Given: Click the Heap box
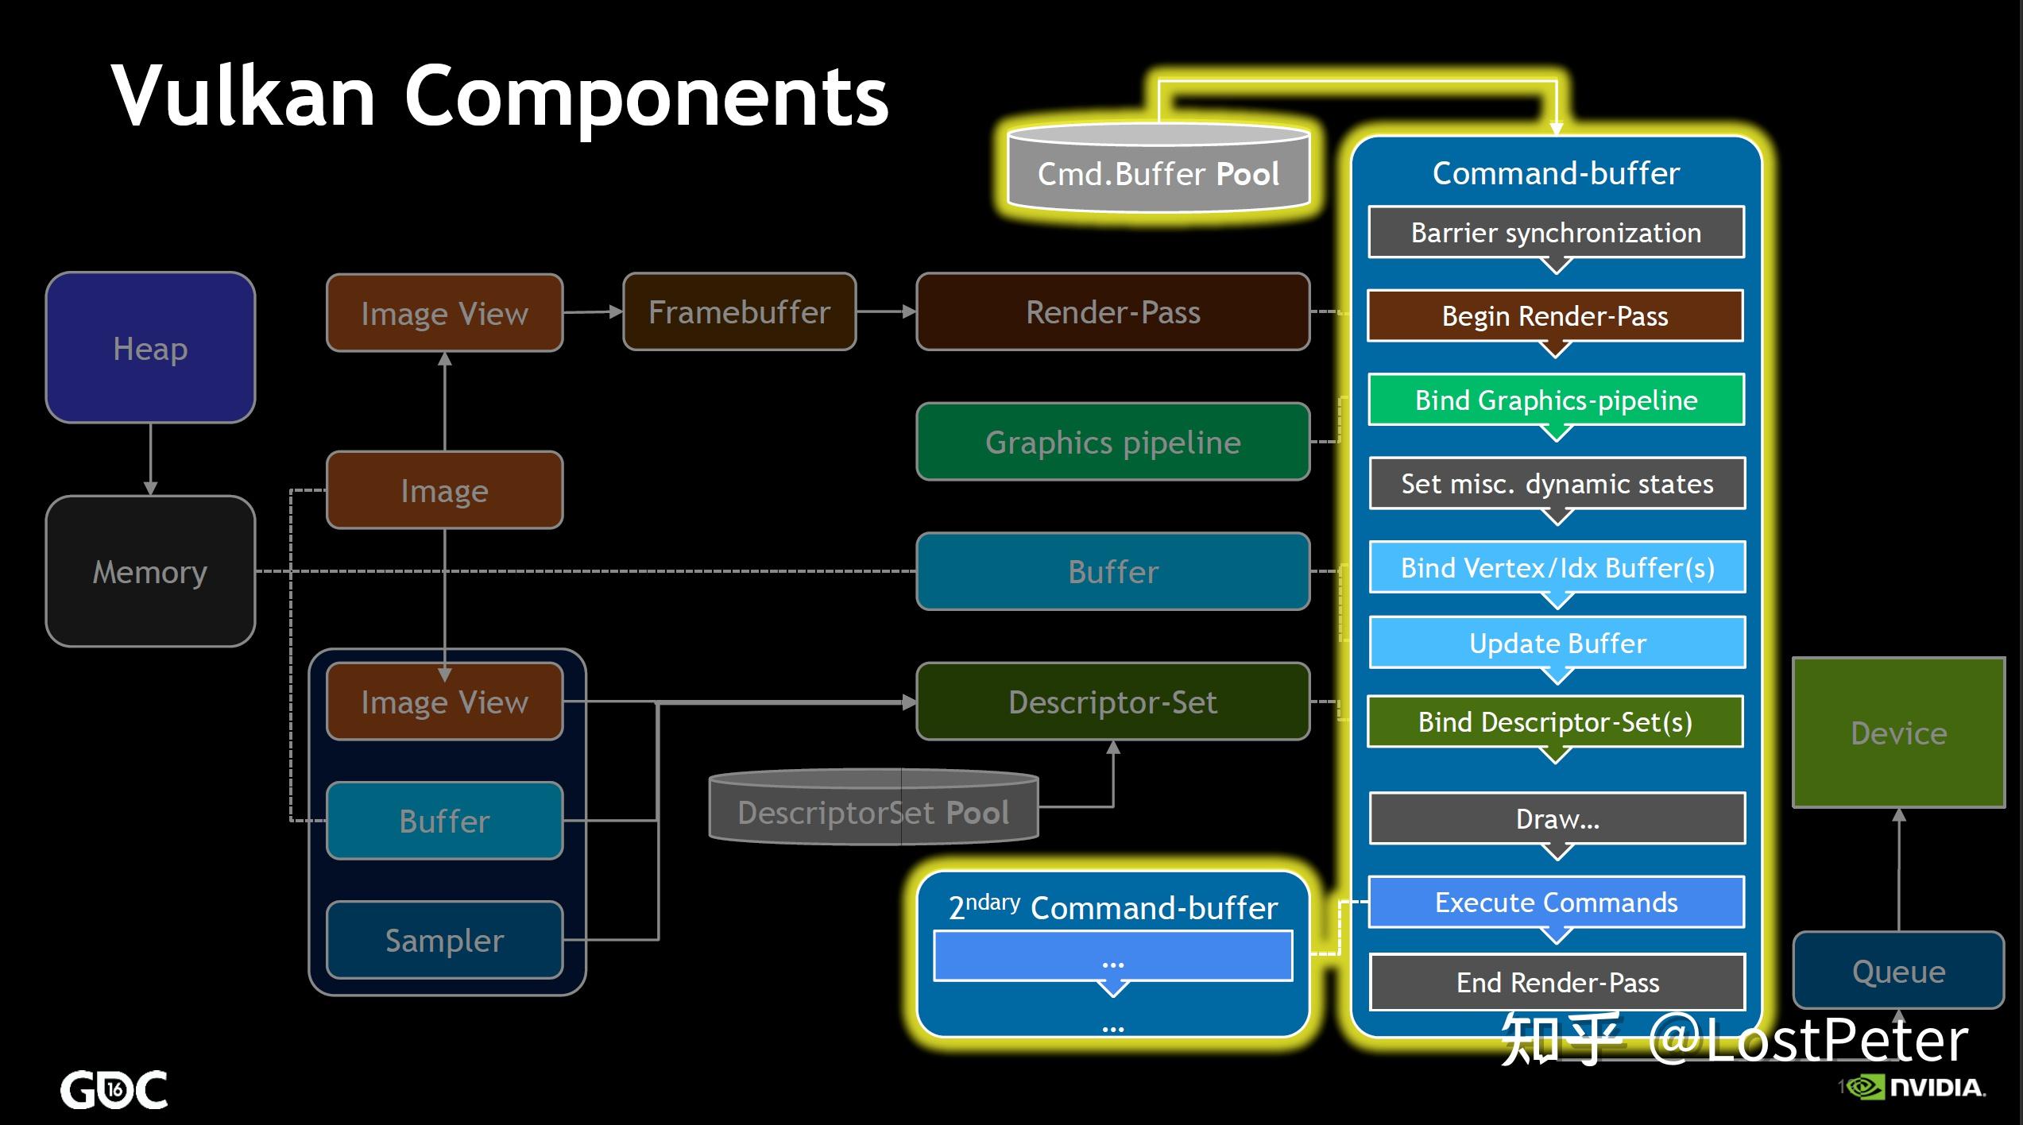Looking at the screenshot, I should click(150, 348).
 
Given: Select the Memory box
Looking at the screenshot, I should click(150, 571).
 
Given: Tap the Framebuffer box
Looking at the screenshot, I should click(739, 312).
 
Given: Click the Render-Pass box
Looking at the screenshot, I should click(1112, 312).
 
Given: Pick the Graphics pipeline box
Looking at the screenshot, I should click(1112, 442).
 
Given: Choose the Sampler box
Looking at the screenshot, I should click(444, 940).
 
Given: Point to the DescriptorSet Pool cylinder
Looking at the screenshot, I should click(873, 810).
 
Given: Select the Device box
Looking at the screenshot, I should click(1898, 733).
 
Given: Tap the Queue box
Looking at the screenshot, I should click(1898, 971).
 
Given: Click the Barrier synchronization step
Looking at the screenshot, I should click(1556, 232).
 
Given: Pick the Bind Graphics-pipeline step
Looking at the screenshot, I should click(1556, 400).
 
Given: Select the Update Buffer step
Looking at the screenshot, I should click(1557, 643).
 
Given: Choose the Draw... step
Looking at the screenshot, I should click(1557, 818).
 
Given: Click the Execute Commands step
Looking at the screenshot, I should click(1556, 902).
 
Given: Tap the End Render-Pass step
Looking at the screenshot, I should click(1557, 982).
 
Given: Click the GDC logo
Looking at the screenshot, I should click(114, 1089).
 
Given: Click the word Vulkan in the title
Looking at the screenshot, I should click(243, 96).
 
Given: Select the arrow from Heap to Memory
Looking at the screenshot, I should click(150, 459).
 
